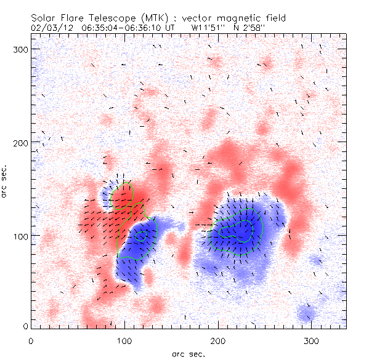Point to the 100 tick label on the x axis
pos(124,340)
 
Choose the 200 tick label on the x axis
pos(218,340)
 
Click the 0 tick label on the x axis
pos(31,340)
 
